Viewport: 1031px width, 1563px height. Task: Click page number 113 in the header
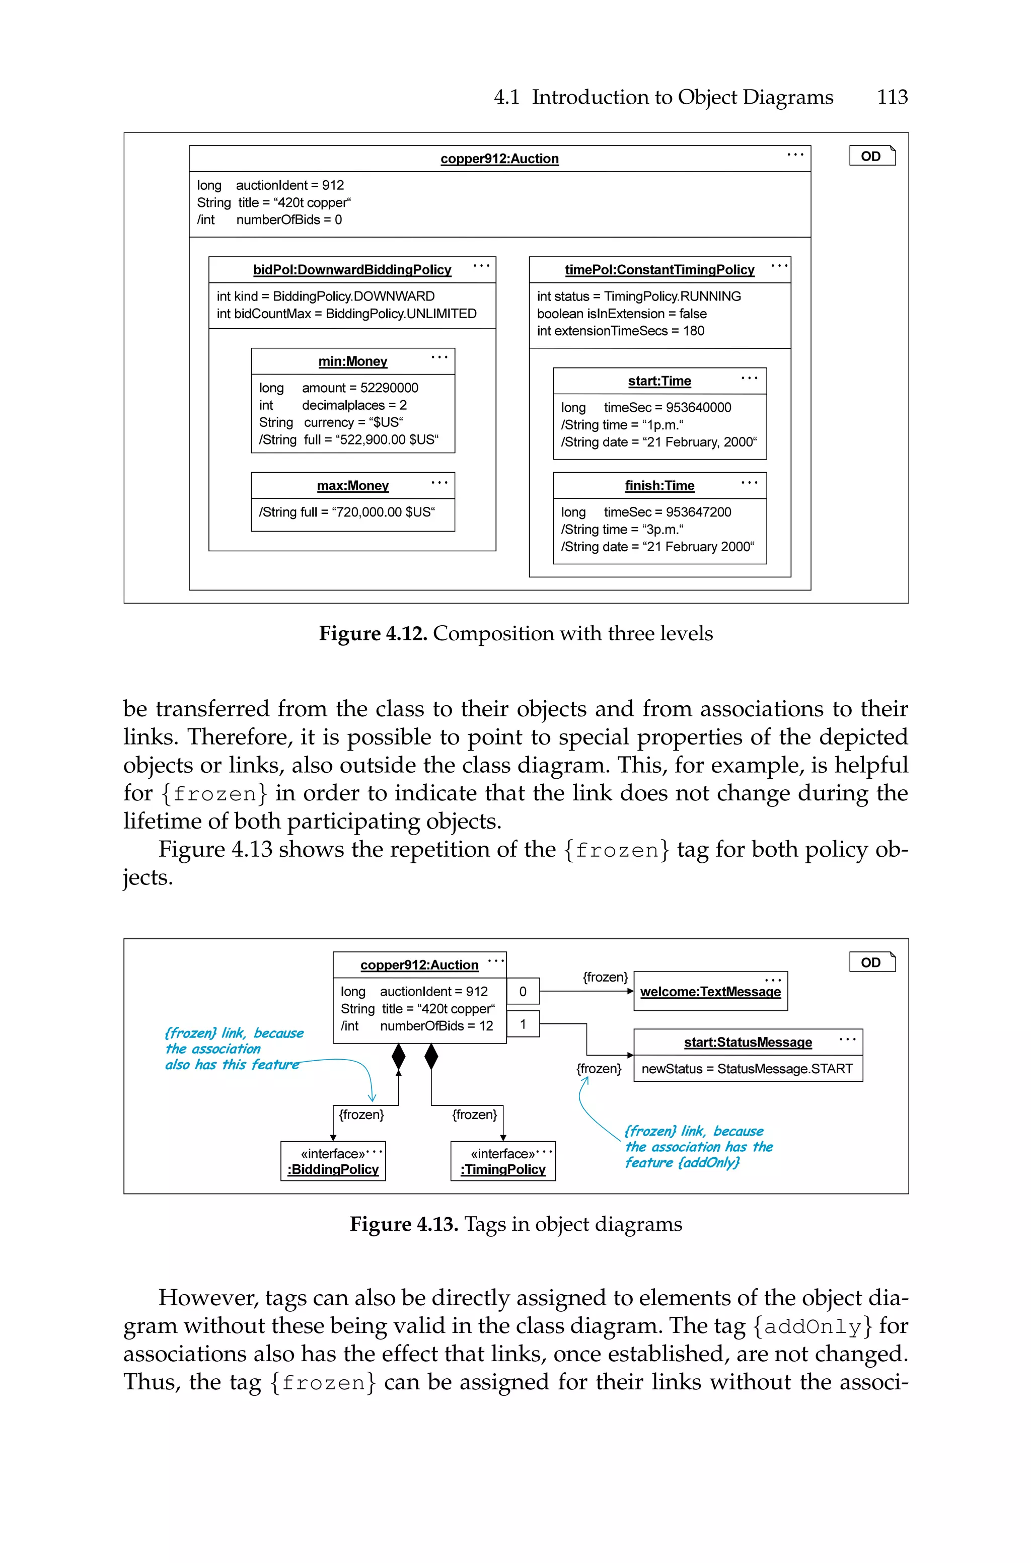tap(892, 97)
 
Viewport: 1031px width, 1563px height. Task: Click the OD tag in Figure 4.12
tap(871, 156)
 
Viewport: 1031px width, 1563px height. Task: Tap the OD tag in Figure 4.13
tap(871, 962)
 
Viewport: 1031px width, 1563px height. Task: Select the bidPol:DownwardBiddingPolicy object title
tap(352, 269)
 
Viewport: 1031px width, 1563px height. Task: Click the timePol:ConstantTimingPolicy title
tap(659, 269)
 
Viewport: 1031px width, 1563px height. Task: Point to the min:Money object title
tap(352, 361)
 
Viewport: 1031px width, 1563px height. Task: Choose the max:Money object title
tap(352, 486)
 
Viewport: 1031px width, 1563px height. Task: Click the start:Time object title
tap(659, 381)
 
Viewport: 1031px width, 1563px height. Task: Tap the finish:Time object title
tap(659, 486)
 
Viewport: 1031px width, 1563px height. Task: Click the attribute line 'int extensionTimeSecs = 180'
tap(620, 331)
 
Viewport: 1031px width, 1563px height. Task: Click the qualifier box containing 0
tap(523, 991)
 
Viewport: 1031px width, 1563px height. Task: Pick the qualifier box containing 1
tap(523, 1024)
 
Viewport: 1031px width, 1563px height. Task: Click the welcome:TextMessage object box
tap(710, 991)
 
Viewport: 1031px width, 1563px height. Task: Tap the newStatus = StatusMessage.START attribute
tap(747, 1069)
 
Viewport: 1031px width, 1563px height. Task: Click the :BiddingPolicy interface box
tap(333, 1161)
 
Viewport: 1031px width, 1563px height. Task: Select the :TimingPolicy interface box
tap(503, 1161)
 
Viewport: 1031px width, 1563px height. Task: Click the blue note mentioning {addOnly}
tap(698, 1147)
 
